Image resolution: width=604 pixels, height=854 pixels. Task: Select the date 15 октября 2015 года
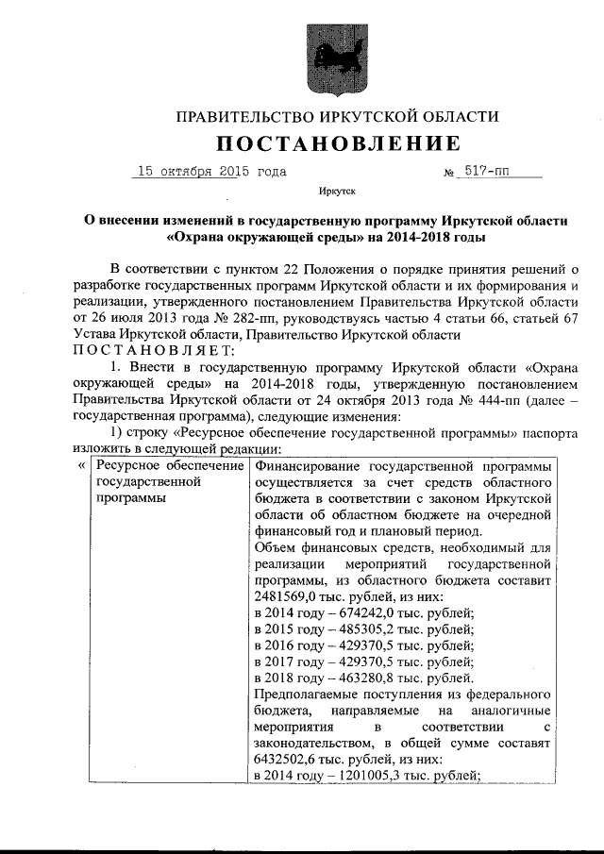click(x=211, y=173)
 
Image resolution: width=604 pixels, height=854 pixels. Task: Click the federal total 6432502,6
click(x=289, y=758)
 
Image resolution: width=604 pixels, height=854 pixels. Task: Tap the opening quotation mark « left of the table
click(x=81, y=466)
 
